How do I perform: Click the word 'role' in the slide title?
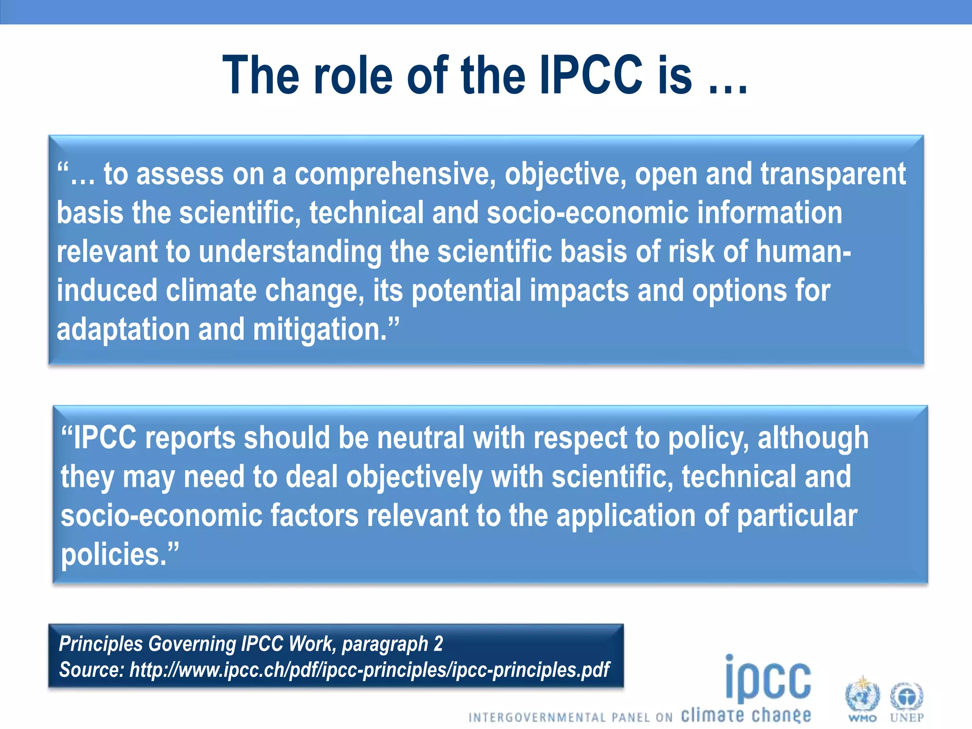point(353,75)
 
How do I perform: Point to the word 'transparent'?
point(833,174)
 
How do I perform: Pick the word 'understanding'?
point(290,252)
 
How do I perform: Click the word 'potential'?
point(466,290)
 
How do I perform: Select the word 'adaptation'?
point(123,329)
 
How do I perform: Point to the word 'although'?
point(813,438)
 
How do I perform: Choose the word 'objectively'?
point(414,477)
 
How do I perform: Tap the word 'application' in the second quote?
point(626,516)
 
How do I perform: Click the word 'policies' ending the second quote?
point(114,554)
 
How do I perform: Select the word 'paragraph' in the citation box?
point(385,644)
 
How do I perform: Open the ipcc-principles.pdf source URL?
point(369,670)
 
